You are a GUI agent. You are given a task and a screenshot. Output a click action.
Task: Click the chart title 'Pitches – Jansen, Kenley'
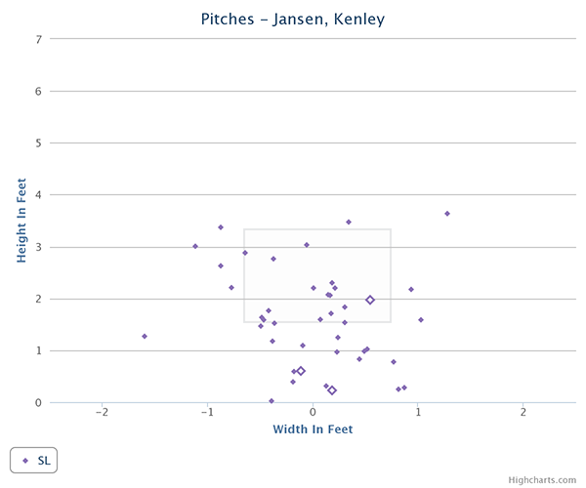(293, 19)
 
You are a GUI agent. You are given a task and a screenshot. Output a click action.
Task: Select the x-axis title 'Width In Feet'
(313, 428)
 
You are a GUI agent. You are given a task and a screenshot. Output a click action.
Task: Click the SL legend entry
(35, 460)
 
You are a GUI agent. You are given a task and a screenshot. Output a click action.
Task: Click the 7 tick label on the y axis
(39, 39)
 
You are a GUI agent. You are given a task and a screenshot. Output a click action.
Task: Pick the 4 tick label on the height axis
(39, 194)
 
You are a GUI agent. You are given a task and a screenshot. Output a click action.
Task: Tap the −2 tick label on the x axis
(102, 413)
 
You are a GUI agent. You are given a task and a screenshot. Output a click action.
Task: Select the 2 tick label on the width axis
(523, 413)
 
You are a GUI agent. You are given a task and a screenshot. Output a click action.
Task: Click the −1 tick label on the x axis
(207, 413)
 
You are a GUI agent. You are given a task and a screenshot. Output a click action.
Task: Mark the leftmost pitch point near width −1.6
(145, 337)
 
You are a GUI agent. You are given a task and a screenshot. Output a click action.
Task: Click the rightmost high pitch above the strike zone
(447, 214)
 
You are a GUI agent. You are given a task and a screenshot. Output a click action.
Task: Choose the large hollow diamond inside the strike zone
(370, 301)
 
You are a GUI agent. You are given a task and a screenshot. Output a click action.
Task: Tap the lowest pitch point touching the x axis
(272, 401)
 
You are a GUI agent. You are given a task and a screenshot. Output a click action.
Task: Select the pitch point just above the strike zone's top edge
(349, 223)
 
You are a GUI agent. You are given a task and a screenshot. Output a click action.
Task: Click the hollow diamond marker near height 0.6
(301, 371)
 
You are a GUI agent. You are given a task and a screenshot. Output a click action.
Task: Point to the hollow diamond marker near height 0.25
(332, 390)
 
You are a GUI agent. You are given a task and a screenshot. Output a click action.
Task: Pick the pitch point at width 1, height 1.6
(421, 320)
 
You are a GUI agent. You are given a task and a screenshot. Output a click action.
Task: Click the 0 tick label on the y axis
(39, 402)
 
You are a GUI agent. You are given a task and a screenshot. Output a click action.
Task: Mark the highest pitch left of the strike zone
(221, 227)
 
